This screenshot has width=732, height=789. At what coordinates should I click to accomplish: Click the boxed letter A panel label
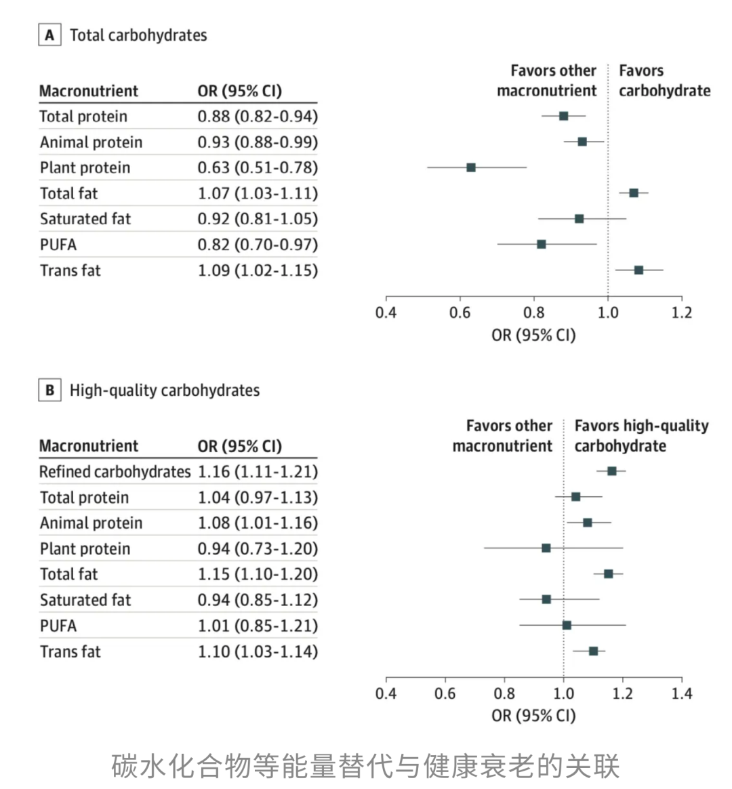pos(49,35)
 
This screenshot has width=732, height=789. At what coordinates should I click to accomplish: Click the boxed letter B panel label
pos(49,390)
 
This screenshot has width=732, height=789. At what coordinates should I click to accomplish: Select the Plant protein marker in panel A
pos(471,167)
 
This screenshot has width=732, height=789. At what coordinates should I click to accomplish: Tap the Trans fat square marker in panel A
pos(638,270)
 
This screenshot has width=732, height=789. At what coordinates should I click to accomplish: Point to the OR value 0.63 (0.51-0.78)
pos(258,167)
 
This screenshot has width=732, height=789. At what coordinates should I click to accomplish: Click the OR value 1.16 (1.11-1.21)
pos(258,472)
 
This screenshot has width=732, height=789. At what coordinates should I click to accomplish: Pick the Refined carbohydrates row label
pos(115,472)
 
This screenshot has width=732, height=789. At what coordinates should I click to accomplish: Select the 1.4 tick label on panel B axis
pos(682,693)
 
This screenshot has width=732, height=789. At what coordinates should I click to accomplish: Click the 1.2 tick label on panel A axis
pos(682,312)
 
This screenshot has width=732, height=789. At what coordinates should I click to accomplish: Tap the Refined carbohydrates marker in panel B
pos(612,471)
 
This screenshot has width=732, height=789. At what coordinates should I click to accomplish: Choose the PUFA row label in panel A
pos(58,245)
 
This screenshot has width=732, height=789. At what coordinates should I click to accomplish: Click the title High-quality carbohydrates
pos(165,390)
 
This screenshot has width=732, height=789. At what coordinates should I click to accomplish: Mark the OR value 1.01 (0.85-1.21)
pos(258,626)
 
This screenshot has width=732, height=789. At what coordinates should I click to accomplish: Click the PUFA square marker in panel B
pos(567,625)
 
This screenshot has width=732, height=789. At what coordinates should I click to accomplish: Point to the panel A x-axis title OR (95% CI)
pos(533,335)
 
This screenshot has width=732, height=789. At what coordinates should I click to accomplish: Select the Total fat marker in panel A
pos(634,193)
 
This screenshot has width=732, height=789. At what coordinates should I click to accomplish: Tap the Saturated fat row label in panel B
pos(85,600)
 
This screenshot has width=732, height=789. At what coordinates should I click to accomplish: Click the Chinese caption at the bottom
pos(366,766)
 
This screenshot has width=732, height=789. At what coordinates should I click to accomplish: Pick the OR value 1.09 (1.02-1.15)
pos(258,270)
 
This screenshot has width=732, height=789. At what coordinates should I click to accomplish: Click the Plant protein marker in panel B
pos(546,548)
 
